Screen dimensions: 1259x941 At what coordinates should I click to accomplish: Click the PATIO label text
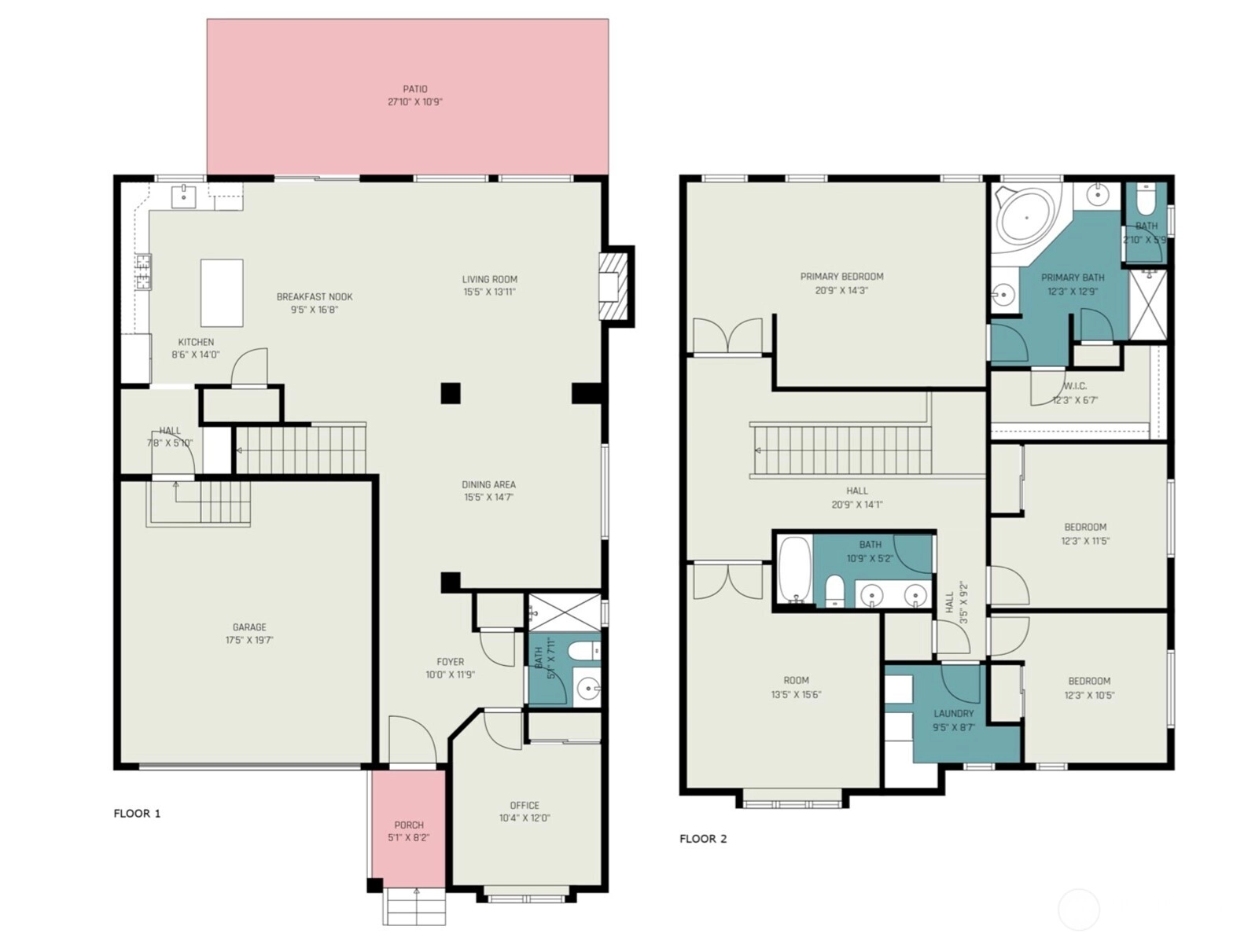pos(414,90)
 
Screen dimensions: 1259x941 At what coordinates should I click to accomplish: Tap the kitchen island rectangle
pos(222,293)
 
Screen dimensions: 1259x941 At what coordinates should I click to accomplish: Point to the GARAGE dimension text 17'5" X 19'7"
pos(249,640)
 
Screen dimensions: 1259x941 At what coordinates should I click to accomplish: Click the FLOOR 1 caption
pos(137,813)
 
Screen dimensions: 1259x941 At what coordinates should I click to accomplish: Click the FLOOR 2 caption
pos(703,839)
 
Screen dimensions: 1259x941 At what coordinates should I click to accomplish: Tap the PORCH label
pos(409,825)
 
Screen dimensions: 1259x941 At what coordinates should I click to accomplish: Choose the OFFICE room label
pos(525,806)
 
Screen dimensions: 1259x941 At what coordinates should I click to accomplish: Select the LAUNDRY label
pos(954,714)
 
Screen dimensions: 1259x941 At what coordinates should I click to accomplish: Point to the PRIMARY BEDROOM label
pos(841,277)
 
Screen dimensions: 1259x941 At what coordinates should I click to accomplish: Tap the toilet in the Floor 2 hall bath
pos(834,590)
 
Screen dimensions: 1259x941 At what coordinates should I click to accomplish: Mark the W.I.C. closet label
pos(1075,387)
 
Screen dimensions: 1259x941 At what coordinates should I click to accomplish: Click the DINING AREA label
pos(488,484)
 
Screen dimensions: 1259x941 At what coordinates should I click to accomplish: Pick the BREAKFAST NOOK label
pos(315,297)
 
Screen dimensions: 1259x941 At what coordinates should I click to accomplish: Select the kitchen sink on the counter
pos(183,197)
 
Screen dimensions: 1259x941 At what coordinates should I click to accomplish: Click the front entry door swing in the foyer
pos(413,740)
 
